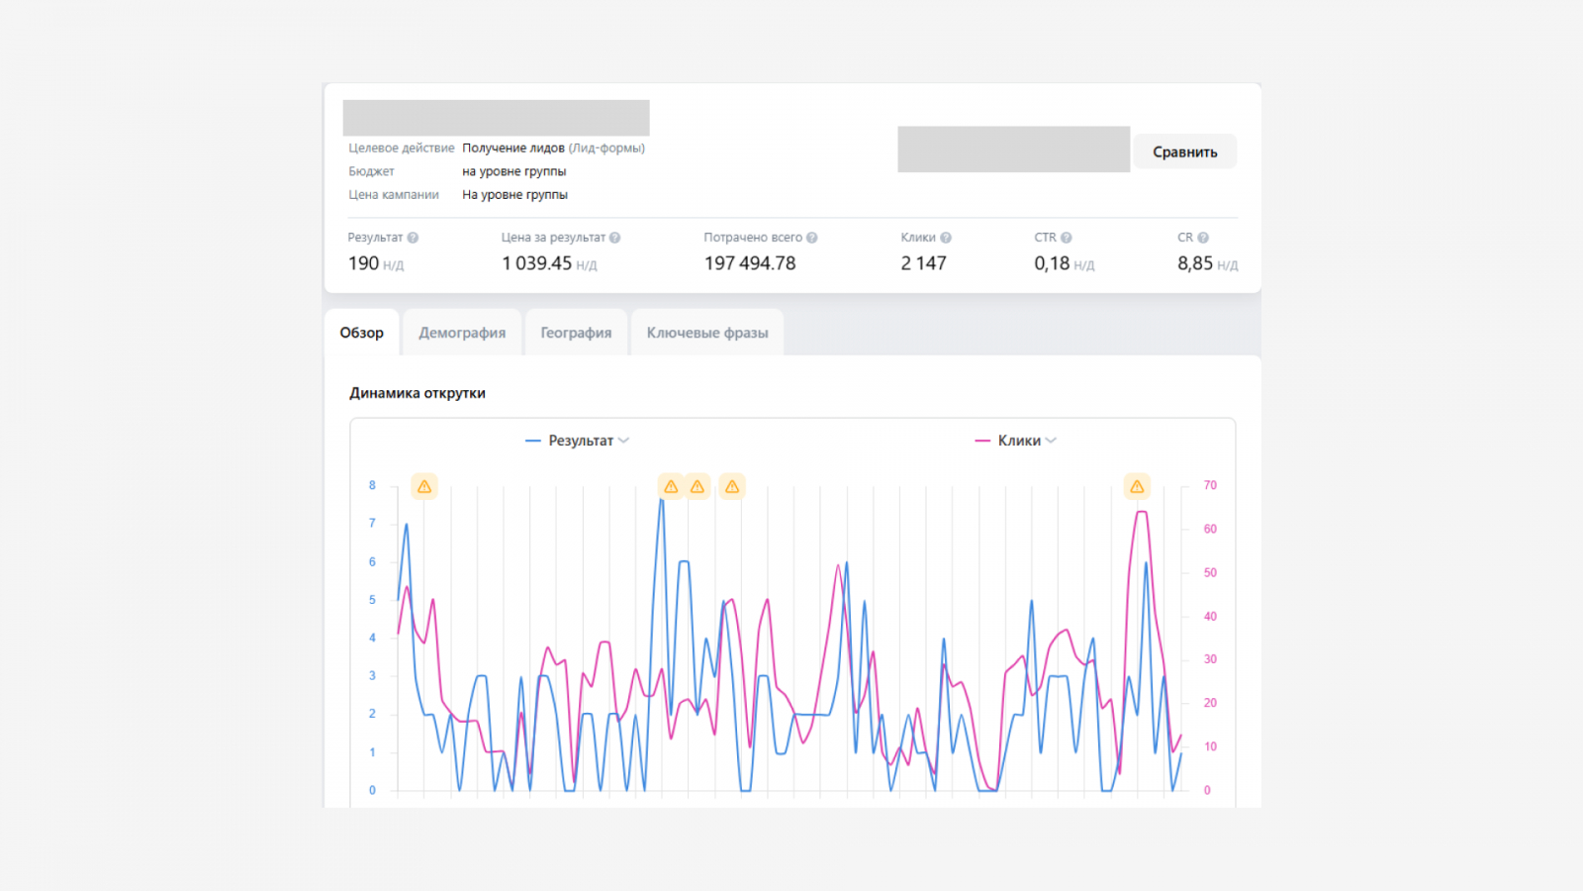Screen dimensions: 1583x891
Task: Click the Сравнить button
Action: tap(1184, 152)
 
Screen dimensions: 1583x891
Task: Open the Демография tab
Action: tap(462, 333)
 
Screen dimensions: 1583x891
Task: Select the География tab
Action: tap(576, 333)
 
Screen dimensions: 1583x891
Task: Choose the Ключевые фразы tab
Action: tap(707, 333)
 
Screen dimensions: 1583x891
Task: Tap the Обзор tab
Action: tap(362, 333)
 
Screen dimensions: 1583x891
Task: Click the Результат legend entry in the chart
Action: tap(578, 441)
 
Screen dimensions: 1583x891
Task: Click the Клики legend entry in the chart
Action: tap(1015, 441)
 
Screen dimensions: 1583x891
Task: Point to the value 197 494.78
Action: tap(750, 263)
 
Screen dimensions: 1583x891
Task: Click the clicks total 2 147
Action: tap(923, 263)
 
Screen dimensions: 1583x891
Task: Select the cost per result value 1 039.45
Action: tap(536, 263)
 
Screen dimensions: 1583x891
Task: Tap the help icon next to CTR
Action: tap(1067, 238)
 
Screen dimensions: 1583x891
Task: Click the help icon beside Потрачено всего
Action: tap(812, 238)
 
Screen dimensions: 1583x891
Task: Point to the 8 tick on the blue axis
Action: tap(372, 485)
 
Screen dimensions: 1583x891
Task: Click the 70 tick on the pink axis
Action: tap(1210, 485)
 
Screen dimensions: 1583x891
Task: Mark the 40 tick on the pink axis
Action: tap(1210, 616)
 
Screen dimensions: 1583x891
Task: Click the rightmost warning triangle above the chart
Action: tap(1137, 486)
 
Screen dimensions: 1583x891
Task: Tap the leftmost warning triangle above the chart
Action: tap(424, 486)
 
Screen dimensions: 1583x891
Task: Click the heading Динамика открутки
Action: tap(417, 393)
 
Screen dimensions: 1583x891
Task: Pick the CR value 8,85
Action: tap(1195, 263)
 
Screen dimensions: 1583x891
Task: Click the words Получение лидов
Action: tap(513, 148)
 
